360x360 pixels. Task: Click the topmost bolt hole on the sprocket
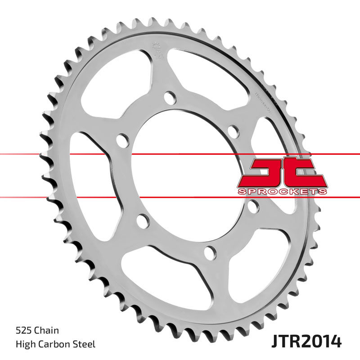(169, 97)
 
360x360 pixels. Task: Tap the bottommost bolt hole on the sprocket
(208, 253)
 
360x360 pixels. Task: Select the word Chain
(46, 331)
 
